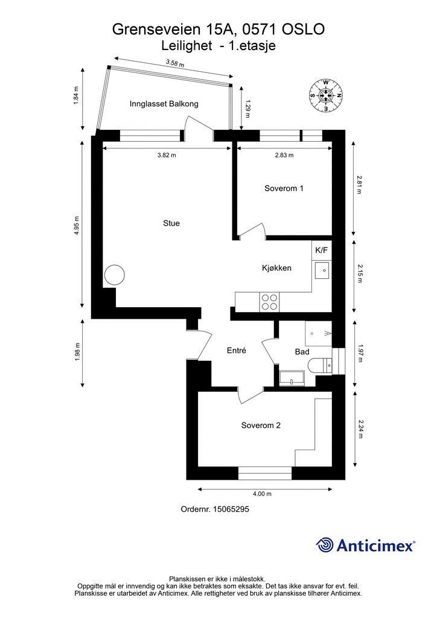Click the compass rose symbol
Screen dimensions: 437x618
[x=325, y=95]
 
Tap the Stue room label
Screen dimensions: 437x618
[x=171, y=223]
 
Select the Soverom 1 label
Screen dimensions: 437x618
[x=284, y=188]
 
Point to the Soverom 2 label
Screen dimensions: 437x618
[x=261, y=425]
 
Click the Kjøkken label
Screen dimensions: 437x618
[x=276, y=268]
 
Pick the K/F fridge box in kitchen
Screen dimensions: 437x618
[x=322, y=250]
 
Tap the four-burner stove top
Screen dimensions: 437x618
[x=270, y=302]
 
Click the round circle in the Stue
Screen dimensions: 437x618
[x=115, y=275]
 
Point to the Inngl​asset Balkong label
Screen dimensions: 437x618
[x=164, y=104]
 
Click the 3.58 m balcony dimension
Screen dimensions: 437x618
[x=175, y=63]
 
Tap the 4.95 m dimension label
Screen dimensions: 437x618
[x=77, y=226]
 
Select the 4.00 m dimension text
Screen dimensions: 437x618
[x=262, y=494]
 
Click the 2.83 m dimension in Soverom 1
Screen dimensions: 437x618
[x=284, y=155]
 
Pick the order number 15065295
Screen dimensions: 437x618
[x=231, y=509]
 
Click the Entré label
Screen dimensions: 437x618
[x=237, y=351]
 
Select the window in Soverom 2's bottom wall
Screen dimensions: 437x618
[x=265, y=473]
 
